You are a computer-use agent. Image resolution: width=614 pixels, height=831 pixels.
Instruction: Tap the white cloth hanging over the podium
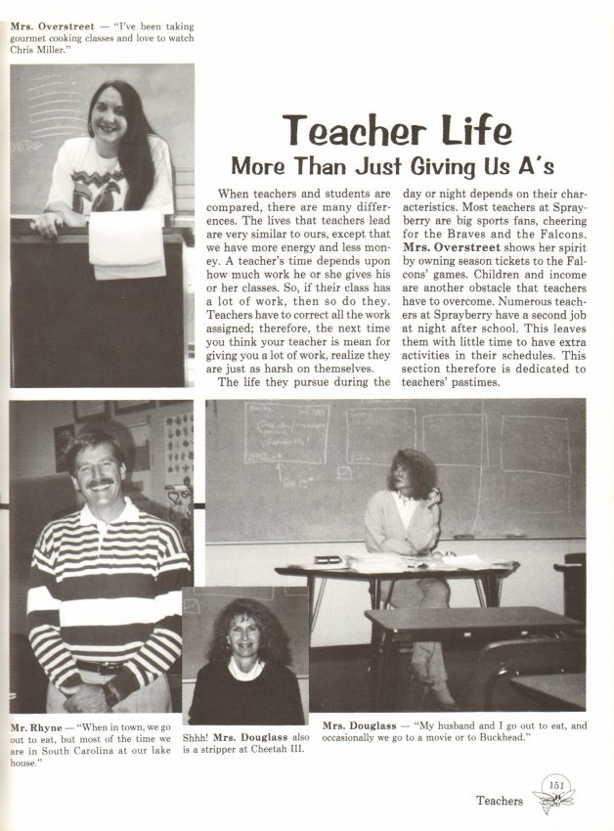coord(125,243)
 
